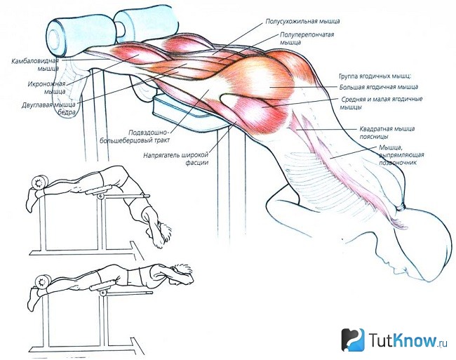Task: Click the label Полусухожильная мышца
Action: pos(302,21)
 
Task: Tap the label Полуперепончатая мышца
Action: pos(307,39)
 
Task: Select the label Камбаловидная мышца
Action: pos(35,65)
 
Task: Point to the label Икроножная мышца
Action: pos(47,88)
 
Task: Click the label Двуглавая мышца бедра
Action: pos(49,108)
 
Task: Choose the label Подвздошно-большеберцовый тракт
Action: pos(135,136)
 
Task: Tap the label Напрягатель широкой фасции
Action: pos(176,159)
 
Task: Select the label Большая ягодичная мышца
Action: pos(379,87)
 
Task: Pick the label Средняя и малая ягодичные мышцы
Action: pos(382,103)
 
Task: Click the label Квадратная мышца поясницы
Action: pos(387,133)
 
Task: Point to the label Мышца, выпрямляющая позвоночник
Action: pos(401,155)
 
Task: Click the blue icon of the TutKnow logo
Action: pos(353,340)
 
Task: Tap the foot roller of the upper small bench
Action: pos(39,183)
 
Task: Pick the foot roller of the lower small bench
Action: pos(43,282)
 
